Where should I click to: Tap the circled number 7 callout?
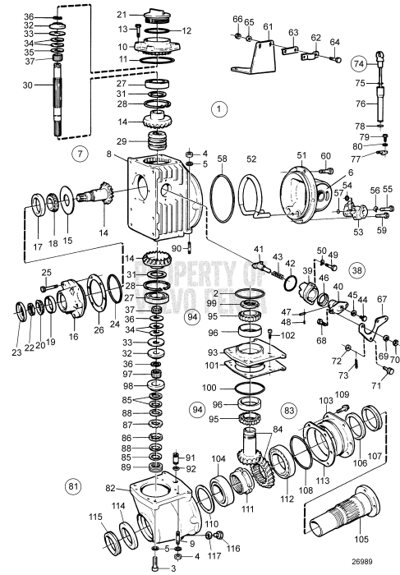pos(78,153)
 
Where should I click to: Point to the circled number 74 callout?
pos(381,62)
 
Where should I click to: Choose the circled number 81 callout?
pos(73,487)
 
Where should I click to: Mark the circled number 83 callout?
pos(288,408)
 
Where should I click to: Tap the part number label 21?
pos(122,15)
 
